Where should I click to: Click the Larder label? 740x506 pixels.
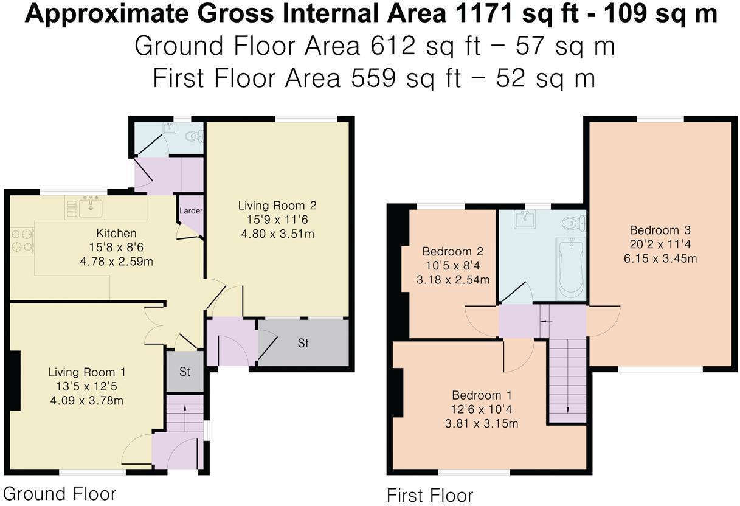pyautogui.click(x=190, y=211)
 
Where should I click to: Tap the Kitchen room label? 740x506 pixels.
pyautogui.click(x=116, y=234)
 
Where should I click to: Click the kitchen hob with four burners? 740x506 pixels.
pyautogui.click(x=22, y=240)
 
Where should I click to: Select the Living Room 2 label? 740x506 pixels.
pyautogui.click(x=277, y=206)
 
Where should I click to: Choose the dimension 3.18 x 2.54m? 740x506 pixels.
pyautogui.click(x=453, y=280)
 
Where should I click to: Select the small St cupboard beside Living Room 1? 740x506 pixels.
pyautogui.click(x=185, y=371)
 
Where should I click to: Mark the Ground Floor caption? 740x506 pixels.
pyautogui.click(x=60, y=493)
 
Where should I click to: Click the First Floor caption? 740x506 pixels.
pyautogui.click(x=430, y=495)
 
